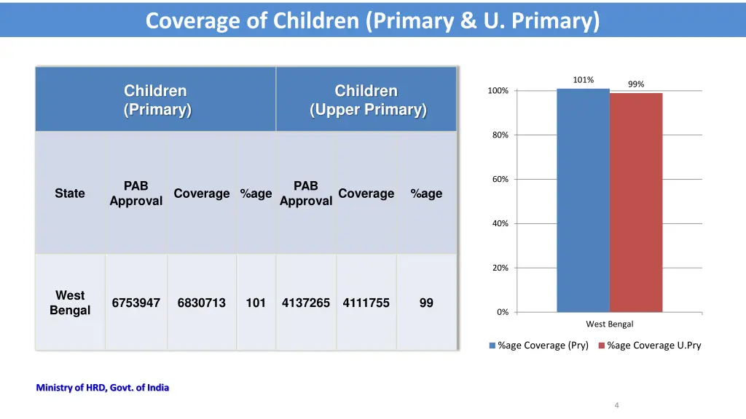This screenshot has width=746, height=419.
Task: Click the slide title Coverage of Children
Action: point(372,20)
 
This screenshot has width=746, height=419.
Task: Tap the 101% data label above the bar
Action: point(583,80)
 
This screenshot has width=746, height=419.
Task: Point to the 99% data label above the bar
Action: point(636,84)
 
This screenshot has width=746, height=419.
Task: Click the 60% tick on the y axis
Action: point(500,180)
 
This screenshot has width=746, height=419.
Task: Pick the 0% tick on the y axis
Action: point(503,312)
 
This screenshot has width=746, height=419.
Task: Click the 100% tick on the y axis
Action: point(498,91)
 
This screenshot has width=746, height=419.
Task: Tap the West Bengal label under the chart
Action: point(610,324)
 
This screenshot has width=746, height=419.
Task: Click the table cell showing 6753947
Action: point(136,303)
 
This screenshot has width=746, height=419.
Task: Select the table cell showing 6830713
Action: point(201,303)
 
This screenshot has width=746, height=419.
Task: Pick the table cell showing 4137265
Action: point(306,303)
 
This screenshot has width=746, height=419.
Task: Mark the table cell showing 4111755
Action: point(366,303)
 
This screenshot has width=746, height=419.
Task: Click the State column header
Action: point(70,193)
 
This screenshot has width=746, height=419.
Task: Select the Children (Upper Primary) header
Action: point(366,100)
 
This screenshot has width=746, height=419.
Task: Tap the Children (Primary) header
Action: point(156,100)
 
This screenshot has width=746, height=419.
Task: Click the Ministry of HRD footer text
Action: point(103,388)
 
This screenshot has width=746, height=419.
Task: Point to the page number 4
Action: point(616,405)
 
